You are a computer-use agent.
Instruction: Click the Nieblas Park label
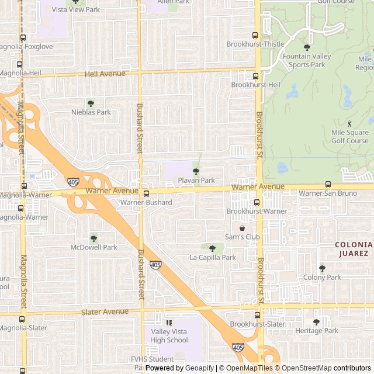91,112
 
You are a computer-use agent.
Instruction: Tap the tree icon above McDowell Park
93,238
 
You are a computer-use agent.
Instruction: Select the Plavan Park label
196,181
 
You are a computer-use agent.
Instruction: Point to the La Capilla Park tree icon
212,248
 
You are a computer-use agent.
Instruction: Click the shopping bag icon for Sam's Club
242,227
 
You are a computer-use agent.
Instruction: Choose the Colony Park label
322,278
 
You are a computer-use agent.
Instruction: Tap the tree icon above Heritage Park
316,322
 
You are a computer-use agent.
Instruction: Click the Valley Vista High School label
169,335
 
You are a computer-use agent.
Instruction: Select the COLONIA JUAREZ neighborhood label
353,249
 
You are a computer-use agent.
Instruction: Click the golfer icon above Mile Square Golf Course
349,123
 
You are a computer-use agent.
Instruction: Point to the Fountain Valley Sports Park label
307,60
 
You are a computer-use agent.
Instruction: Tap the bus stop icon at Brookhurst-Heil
255,76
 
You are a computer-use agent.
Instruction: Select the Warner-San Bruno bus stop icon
328,185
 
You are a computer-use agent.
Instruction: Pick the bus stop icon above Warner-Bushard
146,193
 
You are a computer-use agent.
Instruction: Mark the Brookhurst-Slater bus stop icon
257,316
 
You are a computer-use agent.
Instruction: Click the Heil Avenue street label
105,74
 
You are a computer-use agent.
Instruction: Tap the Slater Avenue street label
105,311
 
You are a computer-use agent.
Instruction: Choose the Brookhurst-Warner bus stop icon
257,202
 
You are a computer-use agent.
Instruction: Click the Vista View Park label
76,9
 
